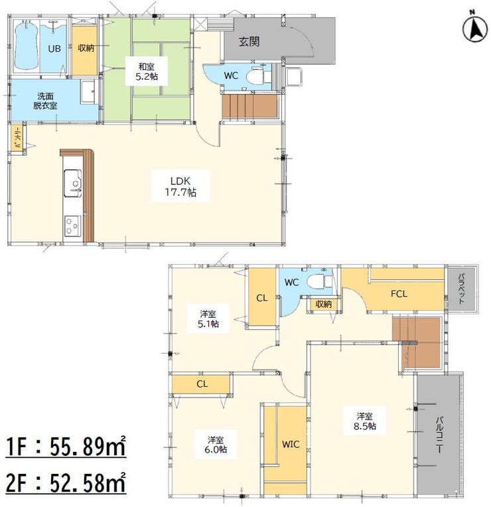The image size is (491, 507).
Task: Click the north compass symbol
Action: (x=475, y=30)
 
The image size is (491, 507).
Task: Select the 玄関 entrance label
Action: (x=249, y=41)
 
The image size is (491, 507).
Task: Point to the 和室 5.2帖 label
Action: (x=147, y=72)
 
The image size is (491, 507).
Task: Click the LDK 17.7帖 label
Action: (x=180, y=186)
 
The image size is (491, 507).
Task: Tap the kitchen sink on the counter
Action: (x=73, y=183)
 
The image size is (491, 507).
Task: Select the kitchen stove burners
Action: (x=72, y=226)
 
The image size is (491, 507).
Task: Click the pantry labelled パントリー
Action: (x=17, y=137)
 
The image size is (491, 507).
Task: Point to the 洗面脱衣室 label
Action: (x=45, y=101)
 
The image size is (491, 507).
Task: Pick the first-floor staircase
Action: (x=249, y=106)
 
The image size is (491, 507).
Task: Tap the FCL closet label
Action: (x=399, y=294)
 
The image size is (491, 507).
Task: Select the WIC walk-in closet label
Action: (x=291, y=444)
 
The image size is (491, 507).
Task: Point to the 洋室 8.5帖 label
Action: (x=365, y=421)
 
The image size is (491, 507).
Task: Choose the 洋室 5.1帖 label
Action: (x=208, y=319)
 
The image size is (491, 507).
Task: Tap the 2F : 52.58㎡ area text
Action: (x=66, y=482)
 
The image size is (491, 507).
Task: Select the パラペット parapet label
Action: (x=462, y=289)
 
